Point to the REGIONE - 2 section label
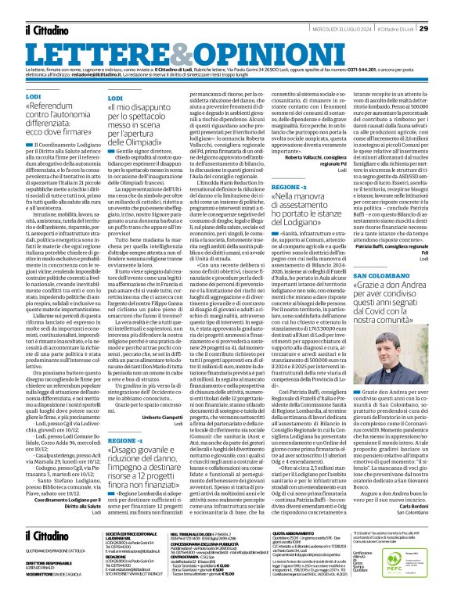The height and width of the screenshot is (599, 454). click(x=283, y=188)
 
